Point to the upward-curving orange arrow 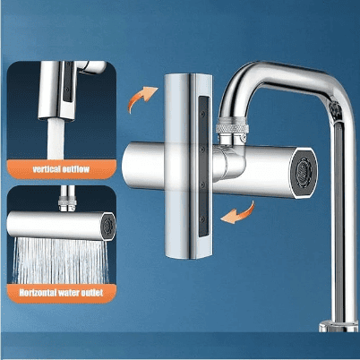coord(141,98)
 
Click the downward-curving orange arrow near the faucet coord(239,213)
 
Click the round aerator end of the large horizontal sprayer coord(304,173)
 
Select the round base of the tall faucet coord(339,326)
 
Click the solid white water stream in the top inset coord(56,139)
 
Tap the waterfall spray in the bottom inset coord(60,261)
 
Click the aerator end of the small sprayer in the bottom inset coord(107,226)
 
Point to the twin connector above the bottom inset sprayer coord(67,200)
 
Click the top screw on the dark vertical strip coord(203,114)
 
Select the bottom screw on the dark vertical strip coord(202,219)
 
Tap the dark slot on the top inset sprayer coord(69,82)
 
